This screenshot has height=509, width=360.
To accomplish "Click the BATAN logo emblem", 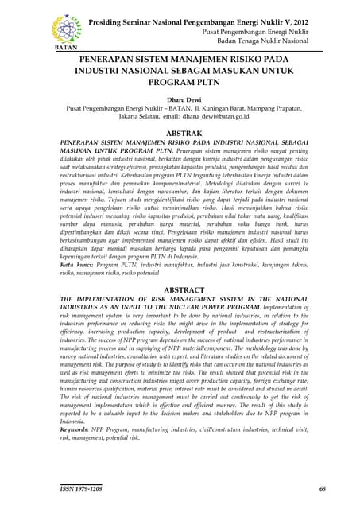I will (x=66, y=28).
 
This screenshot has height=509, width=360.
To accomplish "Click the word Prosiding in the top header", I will (x=108, y=19).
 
